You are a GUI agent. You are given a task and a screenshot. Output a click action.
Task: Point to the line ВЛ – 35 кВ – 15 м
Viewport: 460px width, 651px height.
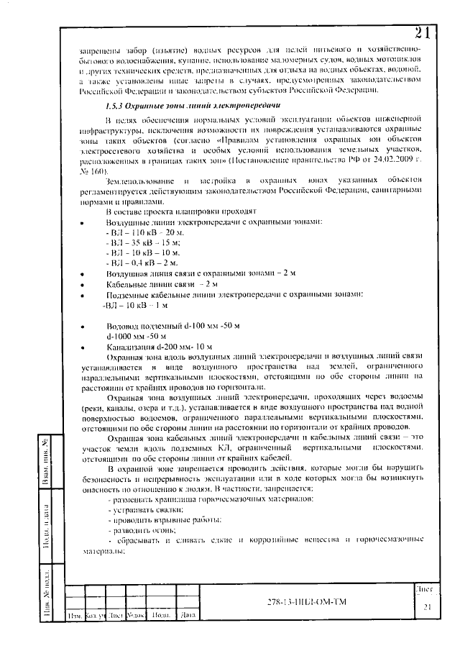[x=134, y=244]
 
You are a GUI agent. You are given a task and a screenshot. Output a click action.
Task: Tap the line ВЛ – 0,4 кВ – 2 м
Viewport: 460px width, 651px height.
[x=133, y=264]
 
